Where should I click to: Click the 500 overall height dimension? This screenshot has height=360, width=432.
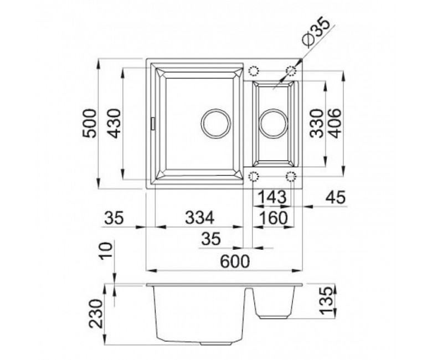point(90,123)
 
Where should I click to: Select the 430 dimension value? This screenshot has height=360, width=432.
point(114,123)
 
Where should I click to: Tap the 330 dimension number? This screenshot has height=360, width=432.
point(316,123)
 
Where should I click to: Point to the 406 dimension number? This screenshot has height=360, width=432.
point(335,123)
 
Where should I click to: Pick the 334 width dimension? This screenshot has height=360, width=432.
point(199,218)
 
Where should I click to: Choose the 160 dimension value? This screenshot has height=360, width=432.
point(274,218)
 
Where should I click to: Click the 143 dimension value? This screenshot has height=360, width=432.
point(272,197)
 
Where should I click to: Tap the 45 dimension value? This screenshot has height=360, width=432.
point(335,197)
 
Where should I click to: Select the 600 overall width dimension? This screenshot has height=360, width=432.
point(235,261)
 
